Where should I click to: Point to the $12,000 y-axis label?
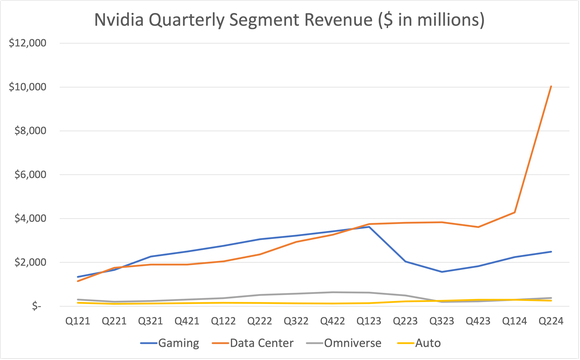tap(29, 44)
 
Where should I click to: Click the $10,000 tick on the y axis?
tap(29, 87)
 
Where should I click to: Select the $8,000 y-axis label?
tap(31, 131)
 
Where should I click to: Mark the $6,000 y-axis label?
tap(31, 174)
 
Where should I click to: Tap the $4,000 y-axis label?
tap(31, 218)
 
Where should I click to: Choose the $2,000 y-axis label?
tap(31, 262)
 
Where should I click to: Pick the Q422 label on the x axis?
tap(332, 321)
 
